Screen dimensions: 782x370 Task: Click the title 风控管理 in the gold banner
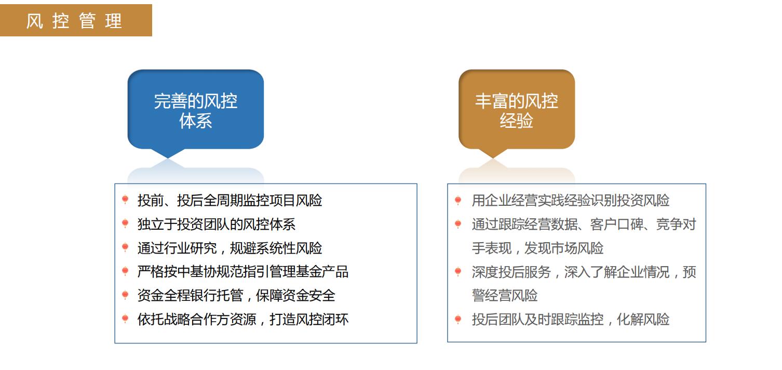coord(74,21)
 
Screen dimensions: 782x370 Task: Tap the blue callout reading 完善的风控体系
coord(195,111)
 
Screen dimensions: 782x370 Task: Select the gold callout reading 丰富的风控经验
coord(517,111)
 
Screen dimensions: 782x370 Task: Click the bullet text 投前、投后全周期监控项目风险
coord(230,200)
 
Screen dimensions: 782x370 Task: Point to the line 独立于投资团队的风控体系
coord(217,224)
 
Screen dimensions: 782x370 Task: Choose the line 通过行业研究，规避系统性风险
coord(230,248)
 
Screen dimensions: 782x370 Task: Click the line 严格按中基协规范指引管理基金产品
coord(243,271)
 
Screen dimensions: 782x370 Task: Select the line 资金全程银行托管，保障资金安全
coord(236,295)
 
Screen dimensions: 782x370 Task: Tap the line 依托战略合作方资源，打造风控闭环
coord(243,319)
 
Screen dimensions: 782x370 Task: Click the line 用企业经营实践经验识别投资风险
coord(571,200)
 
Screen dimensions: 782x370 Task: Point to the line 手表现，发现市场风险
coord(537,248)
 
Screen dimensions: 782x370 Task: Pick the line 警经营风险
coord(505,295)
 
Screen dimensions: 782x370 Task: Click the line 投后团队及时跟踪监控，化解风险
coord(571,319)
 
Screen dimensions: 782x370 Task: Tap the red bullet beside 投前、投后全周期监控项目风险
coord(125,200)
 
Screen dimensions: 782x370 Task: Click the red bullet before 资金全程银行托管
coord(125,295)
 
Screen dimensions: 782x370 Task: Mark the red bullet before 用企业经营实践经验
coord(458,200)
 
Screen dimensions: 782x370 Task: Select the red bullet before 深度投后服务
coord(458,271)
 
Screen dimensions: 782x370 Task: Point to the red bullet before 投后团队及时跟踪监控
coord(458,319)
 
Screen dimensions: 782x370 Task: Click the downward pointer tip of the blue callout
coord(168,158)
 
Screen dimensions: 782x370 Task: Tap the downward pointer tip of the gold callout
coord(493,158)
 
